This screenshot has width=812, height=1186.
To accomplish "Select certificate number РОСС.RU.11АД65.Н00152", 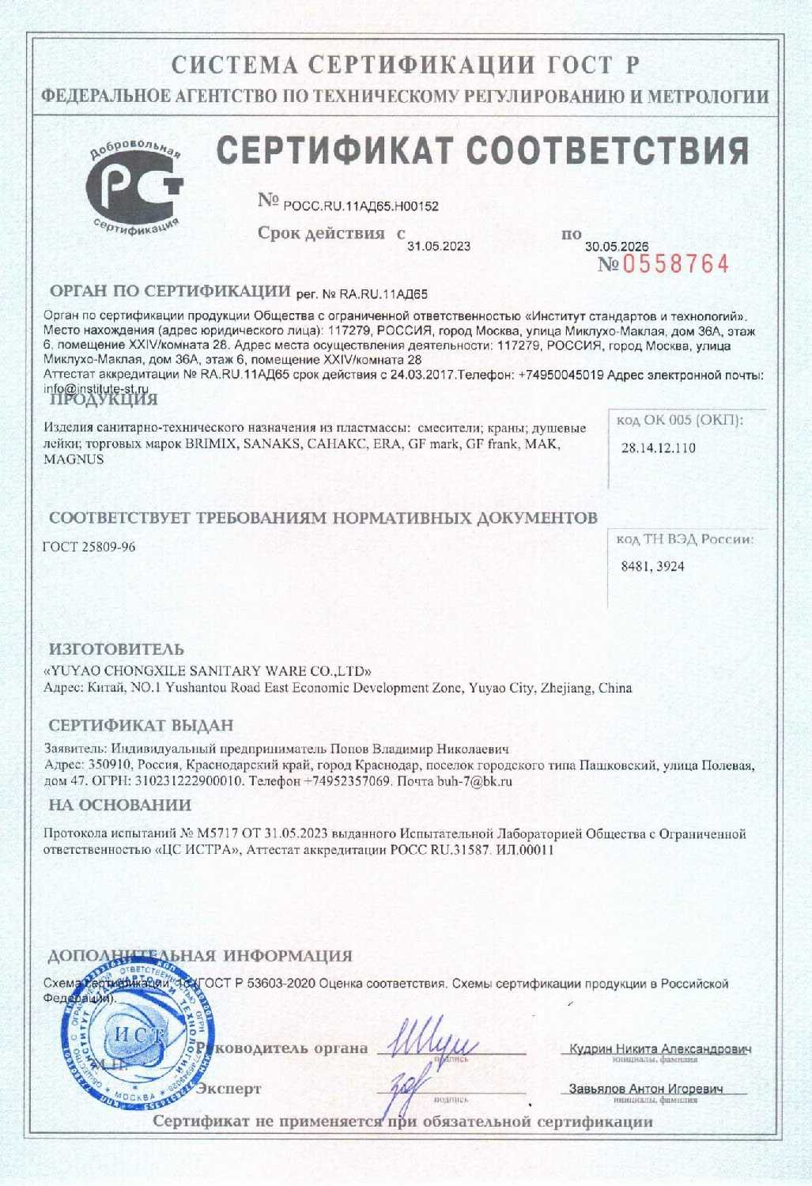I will pyautogui.click(x=361, y=206).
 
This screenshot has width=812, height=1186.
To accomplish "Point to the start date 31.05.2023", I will pyautogui.click(x=439, y=246).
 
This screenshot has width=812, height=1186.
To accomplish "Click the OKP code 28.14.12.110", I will pyautogui.click(x=658, y=448).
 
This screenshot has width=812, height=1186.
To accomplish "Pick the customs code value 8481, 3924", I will pyautogui.click(x=653, y=566).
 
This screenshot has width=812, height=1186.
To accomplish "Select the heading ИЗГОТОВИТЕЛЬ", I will pyautogui.click(x=116, y=650).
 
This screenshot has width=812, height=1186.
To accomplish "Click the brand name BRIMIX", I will pyautogui.click(x=210, y=444).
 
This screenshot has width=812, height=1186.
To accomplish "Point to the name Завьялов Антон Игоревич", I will pyautogui.click(x=646, y=1089).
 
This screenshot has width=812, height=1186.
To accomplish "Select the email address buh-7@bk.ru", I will pyautogui.click(x=475, y=781).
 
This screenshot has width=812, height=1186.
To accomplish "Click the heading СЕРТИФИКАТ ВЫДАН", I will pyautogui.click(x=142, y=725).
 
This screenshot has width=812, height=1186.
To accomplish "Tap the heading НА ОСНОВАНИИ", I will pyautogui.click(x=120, y=805).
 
